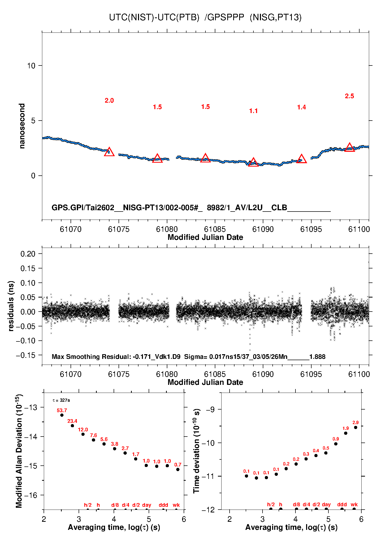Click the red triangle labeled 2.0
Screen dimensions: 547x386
109,152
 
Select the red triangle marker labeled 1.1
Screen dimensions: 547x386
253,162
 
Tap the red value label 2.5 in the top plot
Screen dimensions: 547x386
349,96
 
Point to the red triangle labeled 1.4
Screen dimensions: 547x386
301,159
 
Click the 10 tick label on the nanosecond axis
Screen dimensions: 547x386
31,66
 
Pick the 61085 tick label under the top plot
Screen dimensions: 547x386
215,229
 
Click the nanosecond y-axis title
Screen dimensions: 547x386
22,126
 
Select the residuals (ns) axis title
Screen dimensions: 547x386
11,306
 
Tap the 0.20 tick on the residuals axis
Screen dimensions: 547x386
28,254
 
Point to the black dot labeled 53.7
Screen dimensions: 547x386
62,415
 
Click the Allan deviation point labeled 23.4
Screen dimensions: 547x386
72,426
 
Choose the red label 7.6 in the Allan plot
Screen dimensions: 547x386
93,435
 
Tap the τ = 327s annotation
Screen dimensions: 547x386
61,400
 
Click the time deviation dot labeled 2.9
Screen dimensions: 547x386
356,427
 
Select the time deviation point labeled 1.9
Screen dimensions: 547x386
346,433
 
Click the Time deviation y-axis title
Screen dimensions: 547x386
196,451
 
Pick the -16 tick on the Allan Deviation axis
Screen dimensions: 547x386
31,495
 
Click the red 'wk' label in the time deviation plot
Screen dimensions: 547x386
354,505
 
